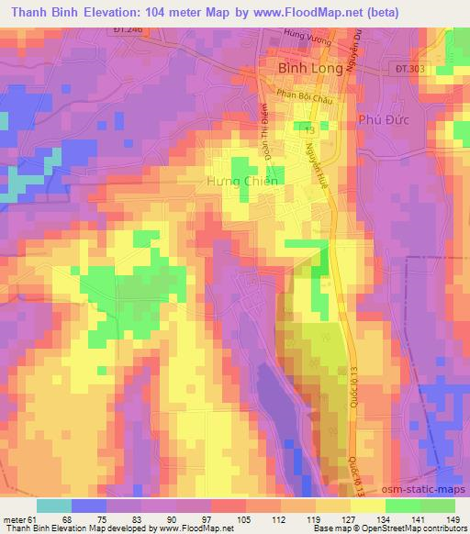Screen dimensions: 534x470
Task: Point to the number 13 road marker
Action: coord(310,128)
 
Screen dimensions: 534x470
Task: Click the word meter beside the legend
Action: coord(14,520)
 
